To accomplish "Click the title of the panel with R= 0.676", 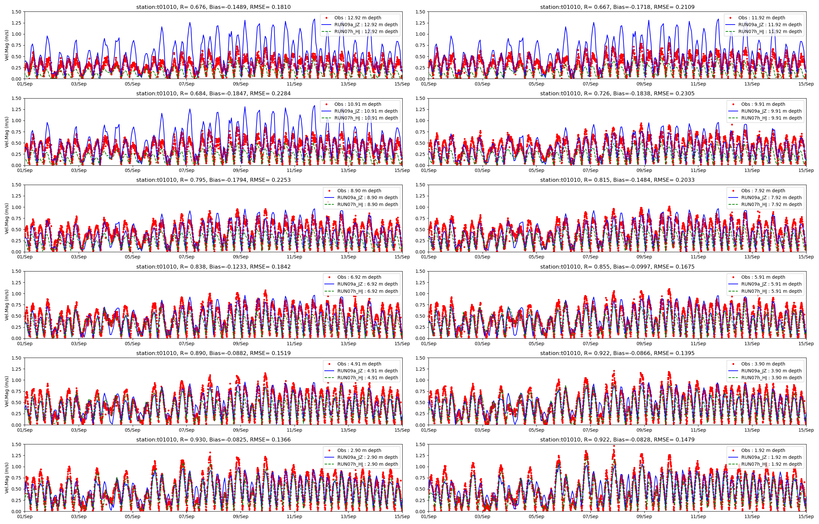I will click(x=213, y=7).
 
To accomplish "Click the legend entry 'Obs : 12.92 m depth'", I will click(x=357, y=18).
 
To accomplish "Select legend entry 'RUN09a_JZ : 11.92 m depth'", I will click(x=770, y=25).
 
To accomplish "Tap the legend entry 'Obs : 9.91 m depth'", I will click(x=763, y=104).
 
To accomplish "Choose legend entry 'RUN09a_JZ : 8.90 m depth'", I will click(x=367, y=197).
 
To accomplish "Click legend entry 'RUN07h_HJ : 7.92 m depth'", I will click(x=771, y=204).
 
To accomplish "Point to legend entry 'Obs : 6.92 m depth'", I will click(x=359, y=277).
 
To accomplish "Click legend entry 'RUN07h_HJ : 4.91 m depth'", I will click(x=367, y=378).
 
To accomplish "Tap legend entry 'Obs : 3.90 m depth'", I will click(x=763, y=364).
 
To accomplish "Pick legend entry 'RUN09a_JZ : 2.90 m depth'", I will click(x=367, y=457).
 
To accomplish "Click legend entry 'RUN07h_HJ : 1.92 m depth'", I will click(x=771, y=464).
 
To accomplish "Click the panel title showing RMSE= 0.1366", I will click(x=213, y=440).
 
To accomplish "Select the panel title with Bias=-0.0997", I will click(x=617, y=267).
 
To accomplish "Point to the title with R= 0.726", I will click(x=617, y=94).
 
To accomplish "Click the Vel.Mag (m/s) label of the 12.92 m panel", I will click(x=7, y=45).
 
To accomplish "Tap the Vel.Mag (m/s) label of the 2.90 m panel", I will click(x=7, y=478).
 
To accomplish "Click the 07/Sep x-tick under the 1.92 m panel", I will click(x=590, y=516).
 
